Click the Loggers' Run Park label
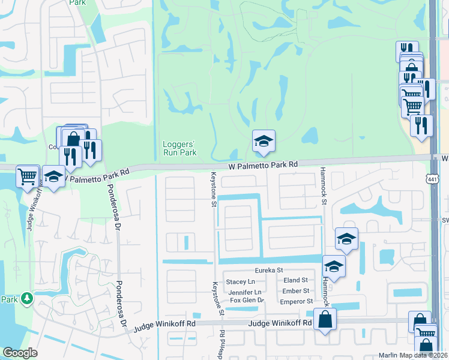pyautogui.click(x=180, y=148)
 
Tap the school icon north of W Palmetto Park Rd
pyautogui.click(x=264, y=142)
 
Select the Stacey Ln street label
pyautogui.click(x=240, y=281)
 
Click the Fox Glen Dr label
pyautogui.click(x=247, y=300)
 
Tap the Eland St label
pyautogui.click(x=295, y=280)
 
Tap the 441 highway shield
pyautogui.click(x=432, y=179)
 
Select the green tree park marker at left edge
pyautogui.click(x=26, y=298)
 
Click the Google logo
pyautogui.click(x=20, y=353)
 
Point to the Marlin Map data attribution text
pyautogui.click(x=413, y=355)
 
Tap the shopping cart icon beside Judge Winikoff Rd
pyautogui.click(x=28, y=176)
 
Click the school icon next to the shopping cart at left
pyautogui.click(x=53, y=177)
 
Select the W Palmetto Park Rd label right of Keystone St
pyautogui.click(x=263, y=164)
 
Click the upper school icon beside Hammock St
pyautogui.click(x=346, y=239)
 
